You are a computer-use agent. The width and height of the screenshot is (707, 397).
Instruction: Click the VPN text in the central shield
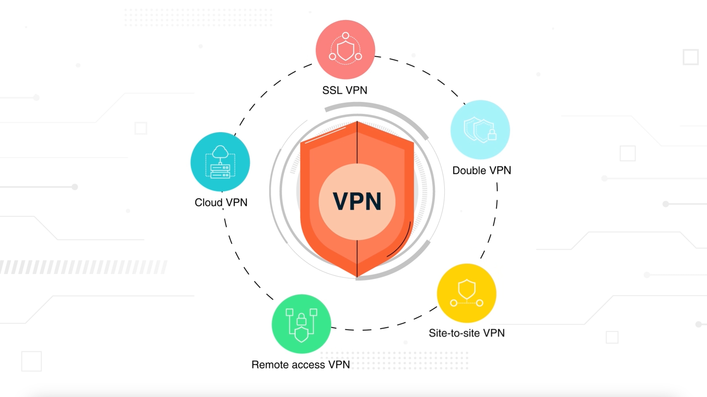tap(357, 201)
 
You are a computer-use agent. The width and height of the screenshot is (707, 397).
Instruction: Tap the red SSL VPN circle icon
tap(345, 49)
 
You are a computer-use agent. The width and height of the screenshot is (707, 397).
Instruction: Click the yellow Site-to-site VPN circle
tap(467, 293)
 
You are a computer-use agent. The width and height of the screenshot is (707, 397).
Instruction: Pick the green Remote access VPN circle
tap(301, 324)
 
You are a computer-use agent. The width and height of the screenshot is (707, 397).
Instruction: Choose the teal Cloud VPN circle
tap(220, 162)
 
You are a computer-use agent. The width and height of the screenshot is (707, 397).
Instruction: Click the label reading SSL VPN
tap(345, 90)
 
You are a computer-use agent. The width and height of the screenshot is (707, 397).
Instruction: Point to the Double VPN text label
tap(481, 170)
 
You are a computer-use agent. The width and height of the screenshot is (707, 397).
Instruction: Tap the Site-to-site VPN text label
tap(467, 333)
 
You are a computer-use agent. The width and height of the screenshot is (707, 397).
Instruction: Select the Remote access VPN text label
tap(301, 365)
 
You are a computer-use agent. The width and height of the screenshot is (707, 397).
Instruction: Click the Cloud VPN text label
tap(221, 202)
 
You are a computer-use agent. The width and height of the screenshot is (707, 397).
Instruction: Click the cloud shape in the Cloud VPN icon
tap(220, 152)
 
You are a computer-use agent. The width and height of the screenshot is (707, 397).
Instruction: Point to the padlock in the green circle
tap(301, 319)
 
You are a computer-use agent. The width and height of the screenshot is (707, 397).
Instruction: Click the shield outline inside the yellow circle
tap(467, 289)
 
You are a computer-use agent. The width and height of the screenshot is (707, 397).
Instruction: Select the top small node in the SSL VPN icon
tap(346, 35)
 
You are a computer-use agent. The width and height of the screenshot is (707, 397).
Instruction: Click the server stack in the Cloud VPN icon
tap(220, 171)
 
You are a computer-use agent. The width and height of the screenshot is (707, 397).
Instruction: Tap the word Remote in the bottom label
tap(269, 365)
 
